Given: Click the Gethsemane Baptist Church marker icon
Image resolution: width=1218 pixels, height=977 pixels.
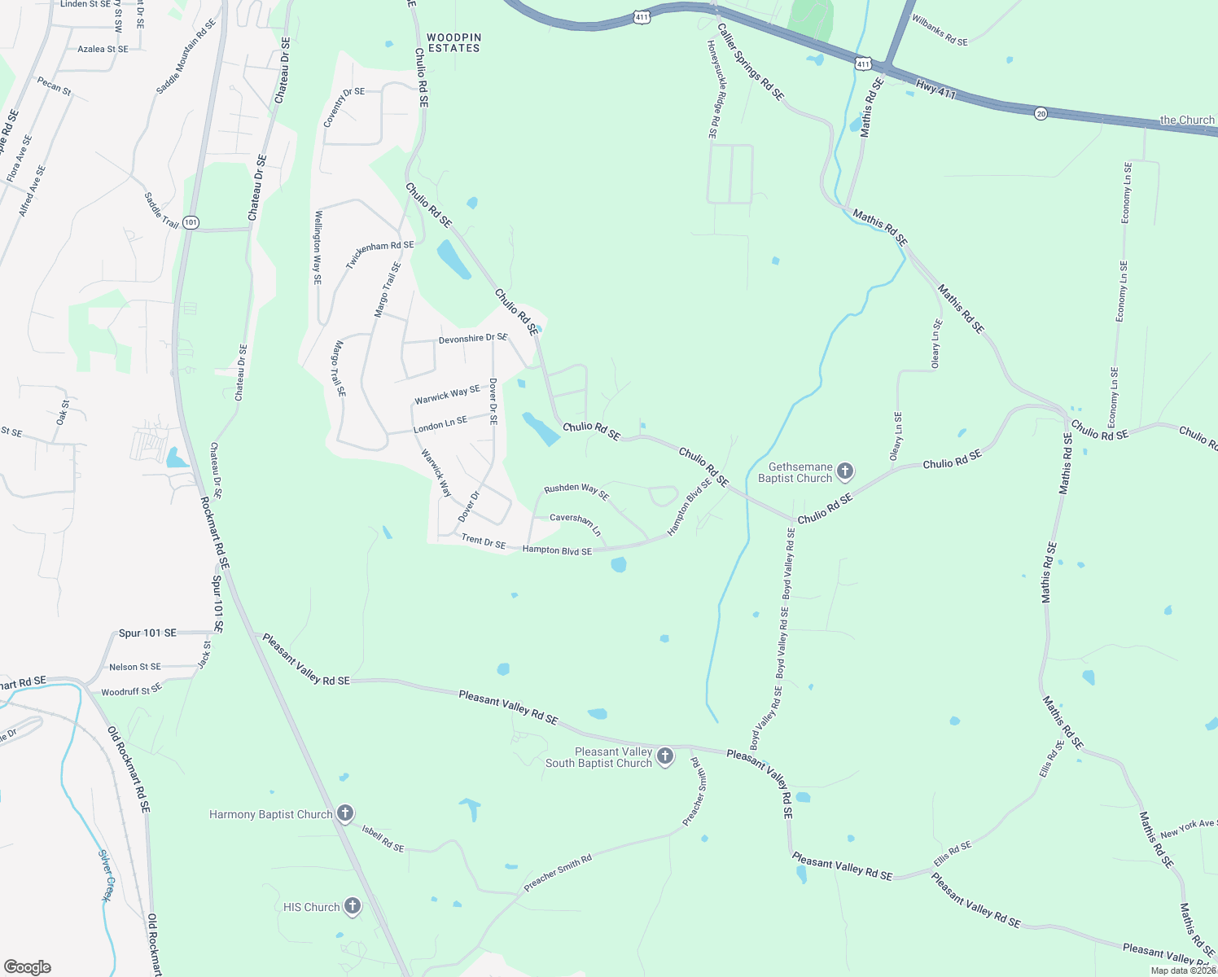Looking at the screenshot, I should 845,471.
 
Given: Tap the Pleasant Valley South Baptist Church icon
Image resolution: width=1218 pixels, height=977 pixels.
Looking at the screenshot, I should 665,756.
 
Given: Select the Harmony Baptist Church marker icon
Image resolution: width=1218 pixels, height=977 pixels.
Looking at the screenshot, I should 345,813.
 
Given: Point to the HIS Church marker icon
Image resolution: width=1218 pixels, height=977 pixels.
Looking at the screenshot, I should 353,905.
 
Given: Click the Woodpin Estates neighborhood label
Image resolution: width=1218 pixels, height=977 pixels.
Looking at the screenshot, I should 454,43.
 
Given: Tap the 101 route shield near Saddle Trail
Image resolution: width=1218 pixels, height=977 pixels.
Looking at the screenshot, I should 191,222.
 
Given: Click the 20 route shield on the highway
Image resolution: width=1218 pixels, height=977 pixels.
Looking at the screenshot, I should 1041,114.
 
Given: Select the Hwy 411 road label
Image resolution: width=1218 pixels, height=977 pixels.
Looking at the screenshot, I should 935,89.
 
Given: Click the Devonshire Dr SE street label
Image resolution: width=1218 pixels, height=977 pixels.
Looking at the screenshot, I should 472,338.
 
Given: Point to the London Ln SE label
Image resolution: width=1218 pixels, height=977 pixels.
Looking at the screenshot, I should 440,424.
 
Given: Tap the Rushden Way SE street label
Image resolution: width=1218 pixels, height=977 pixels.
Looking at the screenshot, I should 576,491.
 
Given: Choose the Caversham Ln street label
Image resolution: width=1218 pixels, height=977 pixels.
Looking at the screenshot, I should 575,523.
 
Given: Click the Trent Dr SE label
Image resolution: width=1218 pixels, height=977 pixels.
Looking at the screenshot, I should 484,541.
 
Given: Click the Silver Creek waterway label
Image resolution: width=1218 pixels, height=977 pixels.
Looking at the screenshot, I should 105,875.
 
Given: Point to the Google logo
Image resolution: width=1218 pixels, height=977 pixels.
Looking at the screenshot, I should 27,967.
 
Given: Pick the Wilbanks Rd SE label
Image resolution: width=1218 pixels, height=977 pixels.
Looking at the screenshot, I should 940,30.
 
